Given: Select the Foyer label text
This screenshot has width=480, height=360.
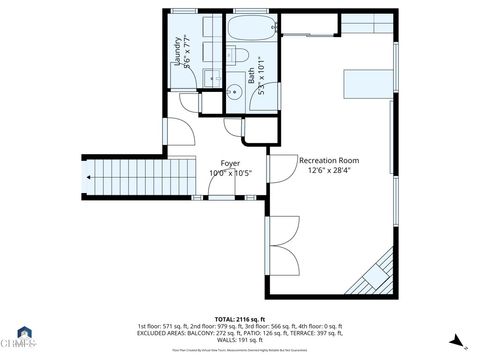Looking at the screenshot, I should coord(230,162).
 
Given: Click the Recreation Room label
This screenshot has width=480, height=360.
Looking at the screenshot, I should coord(329,160).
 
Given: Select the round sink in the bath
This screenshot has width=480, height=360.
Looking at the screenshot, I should coord(234,93).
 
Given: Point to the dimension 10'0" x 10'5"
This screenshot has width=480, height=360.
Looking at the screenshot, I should coord(230,173).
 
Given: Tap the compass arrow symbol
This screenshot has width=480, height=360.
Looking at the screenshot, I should coord(456,340).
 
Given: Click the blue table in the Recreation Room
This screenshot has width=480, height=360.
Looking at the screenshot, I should coord(369,84).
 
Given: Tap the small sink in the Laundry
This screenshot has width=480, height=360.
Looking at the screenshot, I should coord(211,77).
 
